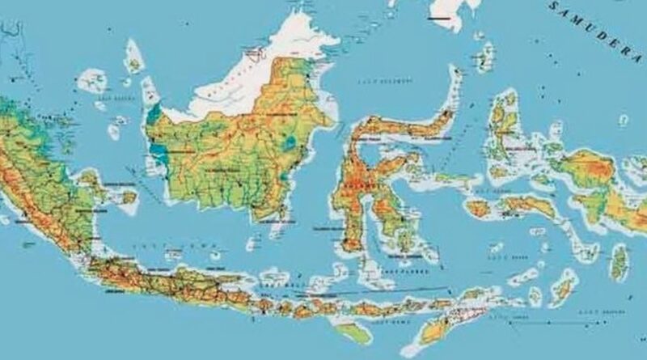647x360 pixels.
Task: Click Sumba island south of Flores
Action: [x=355, y=332]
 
